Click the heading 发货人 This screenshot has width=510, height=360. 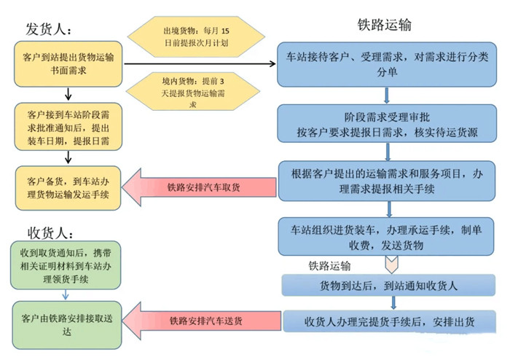[x=49, y=29]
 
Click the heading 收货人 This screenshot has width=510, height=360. [x=50, y=233]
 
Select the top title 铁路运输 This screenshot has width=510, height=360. [x=385, y=25]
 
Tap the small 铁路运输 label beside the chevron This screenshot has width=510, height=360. [x=329, y=266]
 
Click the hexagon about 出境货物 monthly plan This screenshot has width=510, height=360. [x=196, y=36]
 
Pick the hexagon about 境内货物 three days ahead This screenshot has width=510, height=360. [x=193, y=91]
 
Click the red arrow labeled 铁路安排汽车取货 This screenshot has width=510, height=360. [x=199, y=187]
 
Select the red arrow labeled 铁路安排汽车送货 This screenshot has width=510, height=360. [x=202, y=321]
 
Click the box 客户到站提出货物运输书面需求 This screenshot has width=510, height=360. [x=68, y=63]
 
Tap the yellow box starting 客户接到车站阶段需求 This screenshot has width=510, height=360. [x=68, y=127]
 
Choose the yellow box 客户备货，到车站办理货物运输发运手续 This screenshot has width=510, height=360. [x=68, y=188]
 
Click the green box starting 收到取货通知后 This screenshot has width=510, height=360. [x=66, y=265]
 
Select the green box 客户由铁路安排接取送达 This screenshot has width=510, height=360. [x=67, y=325]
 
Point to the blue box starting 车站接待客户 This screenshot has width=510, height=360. [x=387, y=64]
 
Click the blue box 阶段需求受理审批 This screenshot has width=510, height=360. [x=387, y=124]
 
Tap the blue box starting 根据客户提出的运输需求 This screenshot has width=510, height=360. [x=387, y=181]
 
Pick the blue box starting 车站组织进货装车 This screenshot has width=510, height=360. [x=386, y=236]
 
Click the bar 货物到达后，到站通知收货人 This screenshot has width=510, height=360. [x=388, y=285]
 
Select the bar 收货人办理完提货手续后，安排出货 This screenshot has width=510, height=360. [x=389, y=321]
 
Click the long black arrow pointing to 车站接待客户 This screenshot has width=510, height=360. [x=200, y=63]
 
